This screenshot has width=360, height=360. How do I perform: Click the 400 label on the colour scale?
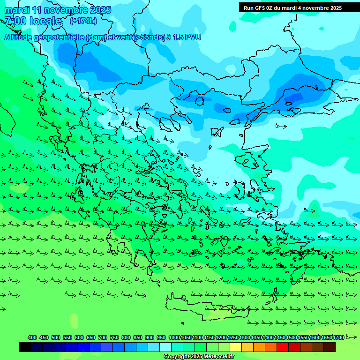pyautogui.click(x=32, y=337)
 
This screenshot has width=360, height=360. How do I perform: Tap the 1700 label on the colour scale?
pyautogui.click(x=339, y=337)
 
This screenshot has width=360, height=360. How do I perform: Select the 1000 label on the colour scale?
pyautogui.click(x=174, y=337)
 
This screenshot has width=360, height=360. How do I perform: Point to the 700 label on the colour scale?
pyautogui.click(x=103, y=337)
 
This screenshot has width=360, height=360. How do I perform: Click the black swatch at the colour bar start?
pyautogui.click(x=25, y=347)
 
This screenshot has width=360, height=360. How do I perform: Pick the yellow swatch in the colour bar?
pyautogui.click(x=236, y=347)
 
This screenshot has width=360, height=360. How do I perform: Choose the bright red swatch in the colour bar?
pyautogui.click(x=283, y=347)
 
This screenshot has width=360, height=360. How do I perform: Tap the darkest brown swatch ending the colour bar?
pyautogui.click(x=330, y=347)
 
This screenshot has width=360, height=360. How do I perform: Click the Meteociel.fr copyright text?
pyautogui.click(x=199, y=357)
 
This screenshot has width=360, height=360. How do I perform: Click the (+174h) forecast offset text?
pyautogui.click(x=83, y=21)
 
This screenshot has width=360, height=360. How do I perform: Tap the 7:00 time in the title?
pyautogui.click(x=15, y=21)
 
